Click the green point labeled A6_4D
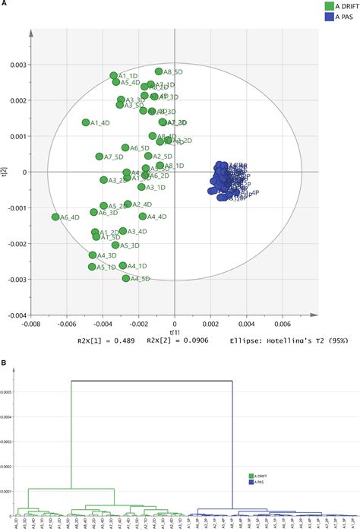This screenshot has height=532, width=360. (x=55, y=217)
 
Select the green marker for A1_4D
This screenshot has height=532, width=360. (x=86, y=122)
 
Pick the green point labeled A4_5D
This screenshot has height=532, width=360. (x=126, y=279)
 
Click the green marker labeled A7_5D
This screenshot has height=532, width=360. (x=99, y=157)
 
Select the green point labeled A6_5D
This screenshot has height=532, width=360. (x=125, y=148)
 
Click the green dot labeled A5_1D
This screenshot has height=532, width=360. (x=92, y=267)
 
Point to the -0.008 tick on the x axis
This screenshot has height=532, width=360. (x=30, y=322)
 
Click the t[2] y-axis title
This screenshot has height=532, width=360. (x=5, y=172)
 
